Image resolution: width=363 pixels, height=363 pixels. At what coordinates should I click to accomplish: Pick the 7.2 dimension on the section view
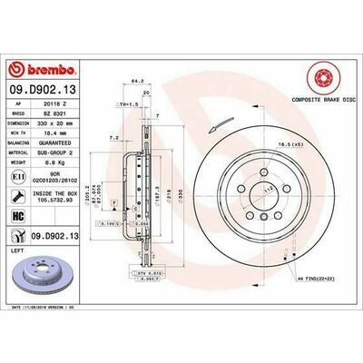point(113,137)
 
